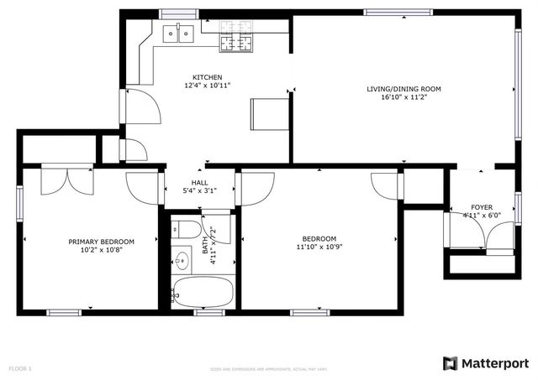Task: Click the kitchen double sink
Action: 177,34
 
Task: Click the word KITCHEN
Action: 207,77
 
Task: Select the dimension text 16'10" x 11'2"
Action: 403,97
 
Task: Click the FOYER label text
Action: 482,206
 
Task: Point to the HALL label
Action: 199,182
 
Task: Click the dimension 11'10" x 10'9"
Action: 319,247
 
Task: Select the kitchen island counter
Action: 269,113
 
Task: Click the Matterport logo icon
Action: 451,362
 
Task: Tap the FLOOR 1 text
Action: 20,368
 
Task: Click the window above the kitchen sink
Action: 177,13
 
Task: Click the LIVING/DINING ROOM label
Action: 403,88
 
